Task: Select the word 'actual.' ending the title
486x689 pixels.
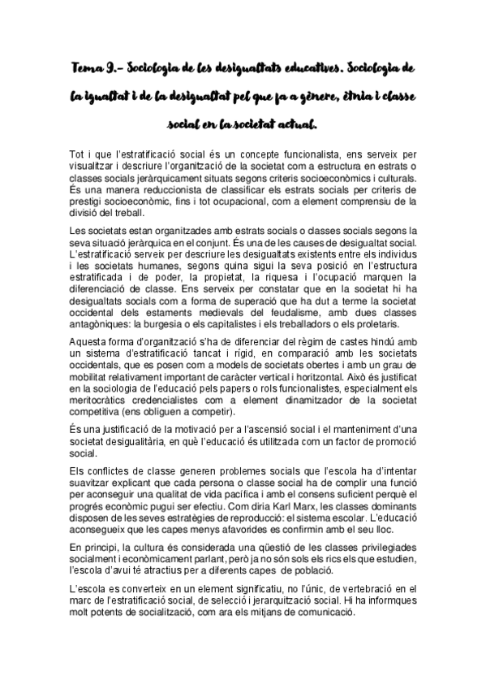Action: coord(299,126)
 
